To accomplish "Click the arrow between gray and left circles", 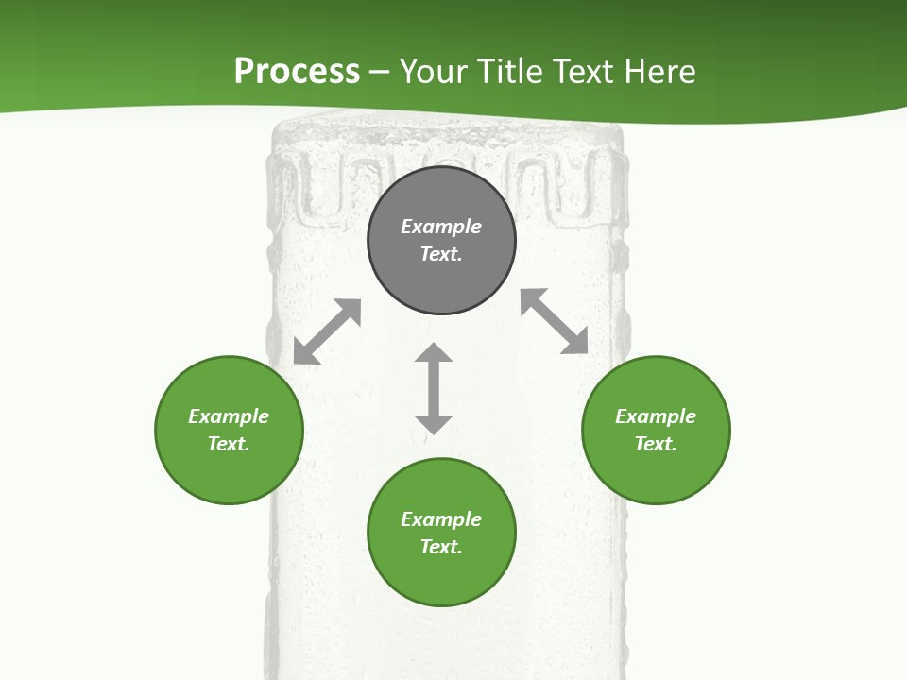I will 327,331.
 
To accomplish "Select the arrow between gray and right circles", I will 554,321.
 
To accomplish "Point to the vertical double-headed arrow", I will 434,388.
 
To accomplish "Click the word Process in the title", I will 297,71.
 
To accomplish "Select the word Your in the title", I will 435,71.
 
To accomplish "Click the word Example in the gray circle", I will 441,227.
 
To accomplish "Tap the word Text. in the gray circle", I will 441,254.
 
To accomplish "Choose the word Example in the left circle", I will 229,416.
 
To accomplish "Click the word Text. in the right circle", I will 656,444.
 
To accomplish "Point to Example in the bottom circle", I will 441,519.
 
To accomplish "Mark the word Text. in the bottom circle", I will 441,547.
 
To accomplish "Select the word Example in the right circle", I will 656,416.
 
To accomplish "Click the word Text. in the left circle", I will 229,444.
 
